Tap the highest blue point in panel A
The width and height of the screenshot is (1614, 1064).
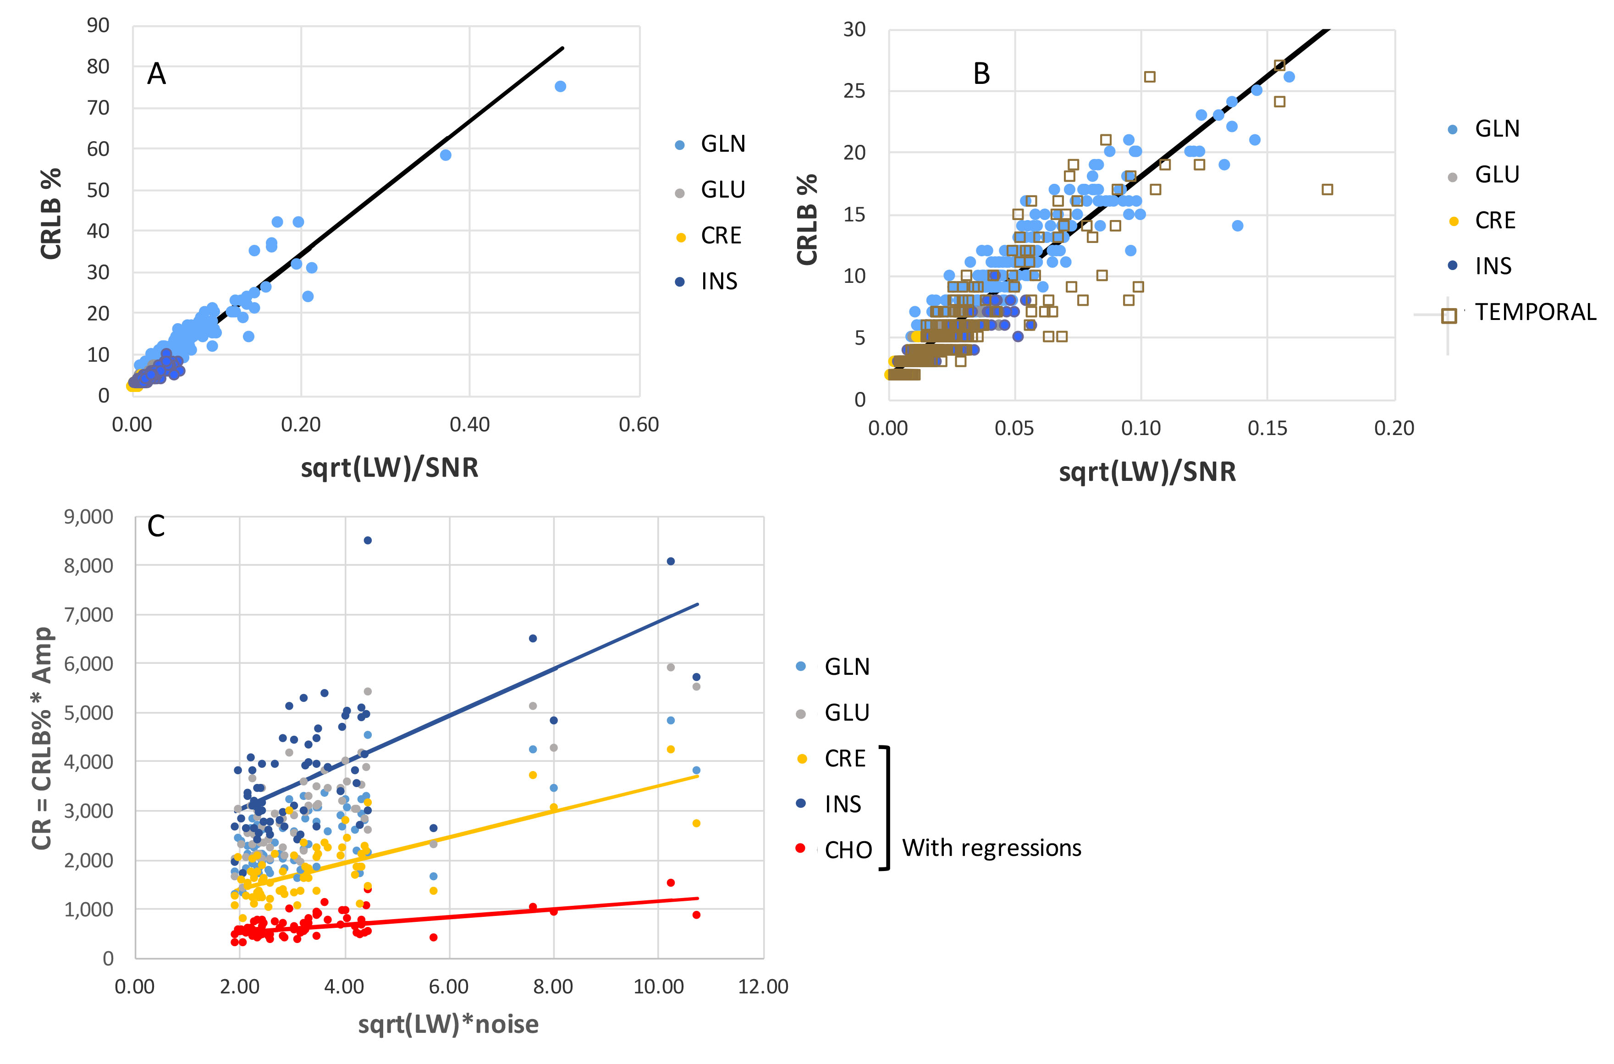[561, 86]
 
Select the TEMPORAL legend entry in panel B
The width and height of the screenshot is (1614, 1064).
[1535, 312]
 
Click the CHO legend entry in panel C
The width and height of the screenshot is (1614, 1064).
[848, 849]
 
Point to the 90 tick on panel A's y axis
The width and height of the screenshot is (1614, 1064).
[99, 26]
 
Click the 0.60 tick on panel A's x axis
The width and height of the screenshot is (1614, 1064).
[639, 425]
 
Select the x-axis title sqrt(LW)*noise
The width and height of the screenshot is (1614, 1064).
[448, 1024]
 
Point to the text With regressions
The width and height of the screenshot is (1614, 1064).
[991, 848]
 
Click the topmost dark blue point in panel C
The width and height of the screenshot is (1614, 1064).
[368, 540]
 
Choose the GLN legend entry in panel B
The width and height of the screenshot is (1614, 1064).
[1497, 129]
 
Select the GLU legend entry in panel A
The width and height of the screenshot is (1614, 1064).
[722, 190]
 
